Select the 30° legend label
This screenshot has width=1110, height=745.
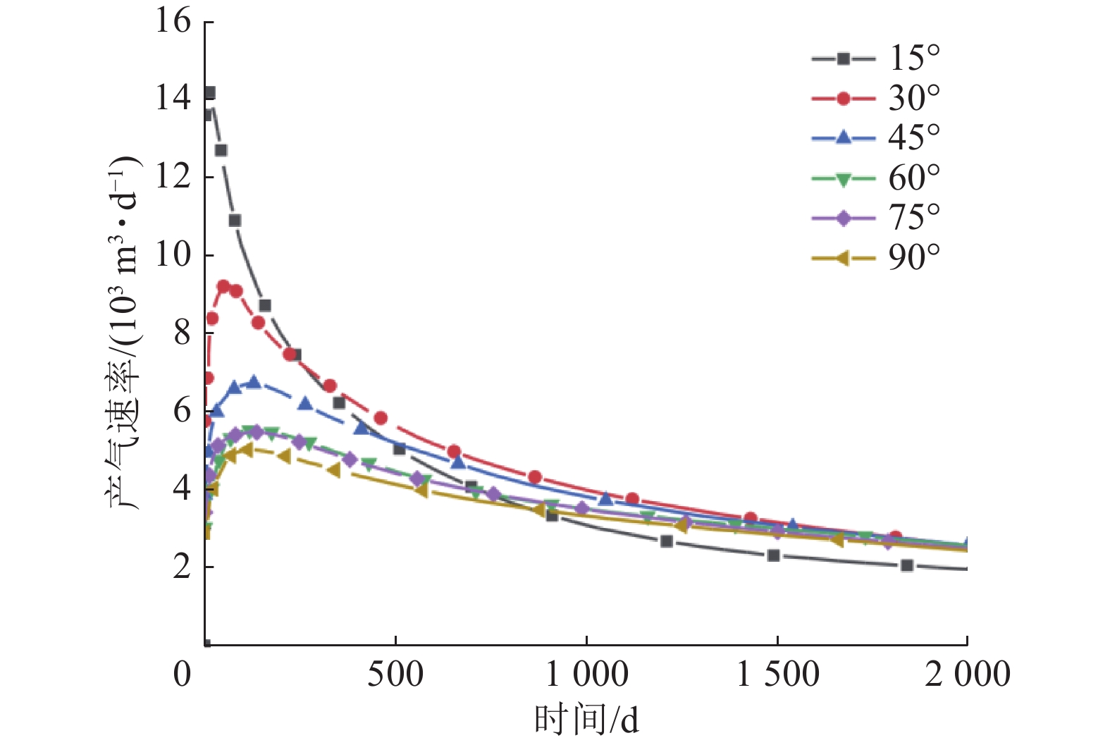pyautogui.click(x=913, y=98)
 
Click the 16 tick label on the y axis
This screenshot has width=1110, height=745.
pyautogui.click(x=173, y=21)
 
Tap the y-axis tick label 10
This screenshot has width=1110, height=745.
pyautogui.click(x=173, y=254)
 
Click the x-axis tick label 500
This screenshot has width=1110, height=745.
pyautogui.click(x=395, y=675)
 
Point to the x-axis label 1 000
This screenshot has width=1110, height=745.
pyautogui.click(x=587, y=675)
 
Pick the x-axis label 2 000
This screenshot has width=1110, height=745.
pyautogui.click(x=967, y=675)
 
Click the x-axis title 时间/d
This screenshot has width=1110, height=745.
pyautogui.click(x=586, y=720)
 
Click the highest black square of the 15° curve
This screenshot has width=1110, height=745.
pyautogui.click(x=209, y=93)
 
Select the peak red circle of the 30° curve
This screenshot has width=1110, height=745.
pyautogui.click(x=223, y=286)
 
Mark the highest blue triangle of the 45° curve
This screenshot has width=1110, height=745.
pyautogui.click(x=254, y=382)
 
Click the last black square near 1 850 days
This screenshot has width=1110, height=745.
pyautogui.click(x=907, y=565)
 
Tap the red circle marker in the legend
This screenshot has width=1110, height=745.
pyautogui.click(x=843, y=98)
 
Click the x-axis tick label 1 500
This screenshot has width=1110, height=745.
pyautogui.click(x=777, y=675)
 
